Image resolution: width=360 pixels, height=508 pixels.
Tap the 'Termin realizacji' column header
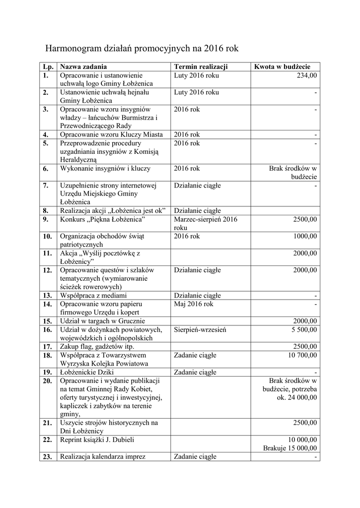point(201,67)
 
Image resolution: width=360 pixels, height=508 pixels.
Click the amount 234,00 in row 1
point(307,75)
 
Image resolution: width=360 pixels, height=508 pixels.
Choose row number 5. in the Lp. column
point(46,143)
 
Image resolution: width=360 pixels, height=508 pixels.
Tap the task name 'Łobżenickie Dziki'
point(88,372)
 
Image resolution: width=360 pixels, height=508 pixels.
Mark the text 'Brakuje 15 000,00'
point(290,448)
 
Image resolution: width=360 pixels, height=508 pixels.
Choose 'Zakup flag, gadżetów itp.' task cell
point(97,346)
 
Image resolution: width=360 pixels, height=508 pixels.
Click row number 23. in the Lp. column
point(48,457)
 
